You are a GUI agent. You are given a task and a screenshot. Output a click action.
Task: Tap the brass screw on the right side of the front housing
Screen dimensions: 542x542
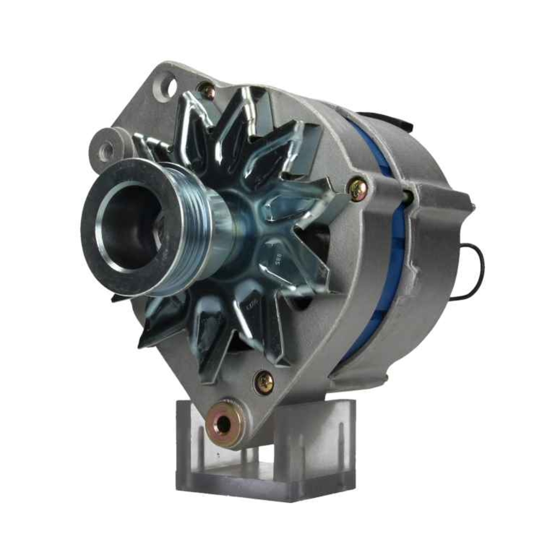[x=358, y=188]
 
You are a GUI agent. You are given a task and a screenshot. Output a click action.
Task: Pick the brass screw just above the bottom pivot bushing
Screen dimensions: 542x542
[x=264, y=383]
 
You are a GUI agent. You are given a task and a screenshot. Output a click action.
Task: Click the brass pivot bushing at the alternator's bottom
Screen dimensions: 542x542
[x=224, y=424]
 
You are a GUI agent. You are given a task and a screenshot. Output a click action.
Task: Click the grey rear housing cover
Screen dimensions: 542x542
[x=434, y=244]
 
